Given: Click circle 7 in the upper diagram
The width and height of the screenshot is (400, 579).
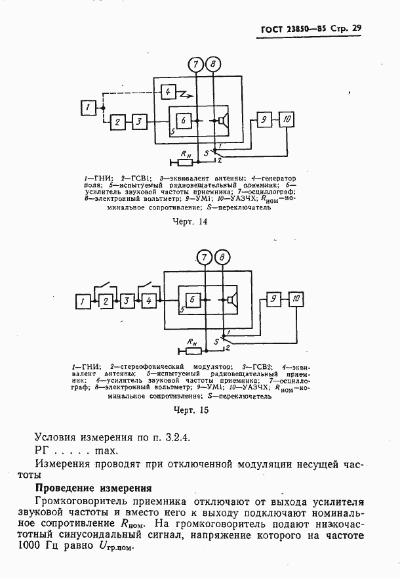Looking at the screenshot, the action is pos(195,64).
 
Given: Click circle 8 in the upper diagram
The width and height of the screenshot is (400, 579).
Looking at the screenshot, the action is pos(214,64).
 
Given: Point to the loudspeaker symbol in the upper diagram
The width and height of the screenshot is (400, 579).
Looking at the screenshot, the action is pos(224,121).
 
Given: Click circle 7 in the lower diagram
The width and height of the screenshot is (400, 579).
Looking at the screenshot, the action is pos(205,257).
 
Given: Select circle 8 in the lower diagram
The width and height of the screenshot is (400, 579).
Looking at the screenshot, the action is pos(223,257).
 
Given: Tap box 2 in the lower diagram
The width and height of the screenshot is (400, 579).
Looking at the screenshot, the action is pos(106,301).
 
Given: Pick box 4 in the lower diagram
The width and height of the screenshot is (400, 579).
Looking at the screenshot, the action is pos(149,301).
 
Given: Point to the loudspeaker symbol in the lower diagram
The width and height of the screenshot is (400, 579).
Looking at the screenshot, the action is pos(231,300).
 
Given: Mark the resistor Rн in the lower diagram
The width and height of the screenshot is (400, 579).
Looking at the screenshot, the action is pos(191,348).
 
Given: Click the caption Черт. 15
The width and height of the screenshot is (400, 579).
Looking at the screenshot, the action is pos(190,410).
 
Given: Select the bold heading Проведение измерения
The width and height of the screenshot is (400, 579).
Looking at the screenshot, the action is pos(93,488).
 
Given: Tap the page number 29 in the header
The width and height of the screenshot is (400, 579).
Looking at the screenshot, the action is pos(356,28).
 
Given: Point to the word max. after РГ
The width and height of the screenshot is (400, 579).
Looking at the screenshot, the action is pos(106,450).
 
